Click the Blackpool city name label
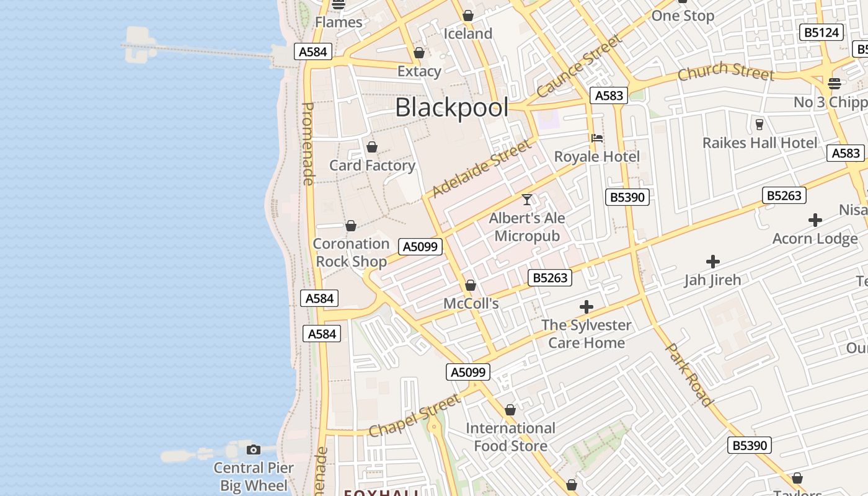tap(451, 107)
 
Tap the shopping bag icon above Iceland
tap(468, 15)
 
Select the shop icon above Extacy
tap(419, 53)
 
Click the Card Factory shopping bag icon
tap(372, 147)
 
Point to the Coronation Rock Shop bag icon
tap(351, 226)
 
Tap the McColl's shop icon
tap(471, 285)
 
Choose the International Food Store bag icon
tap(510, 410)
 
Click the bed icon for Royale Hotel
tap(596, 138)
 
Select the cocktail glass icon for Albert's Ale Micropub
tap(527, 200)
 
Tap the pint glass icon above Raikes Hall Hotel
tap(759, 124)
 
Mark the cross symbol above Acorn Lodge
tap(815, 220)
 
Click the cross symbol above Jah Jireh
tap(713, 262)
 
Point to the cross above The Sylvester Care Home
tap(586, 306)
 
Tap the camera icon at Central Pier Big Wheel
tap(253, 449)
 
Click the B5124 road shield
tap(821, 32)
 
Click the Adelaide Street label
tap(482, 169)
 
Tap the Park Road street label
tap(689, 374)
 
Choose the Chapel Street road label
tap(415, 415)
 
